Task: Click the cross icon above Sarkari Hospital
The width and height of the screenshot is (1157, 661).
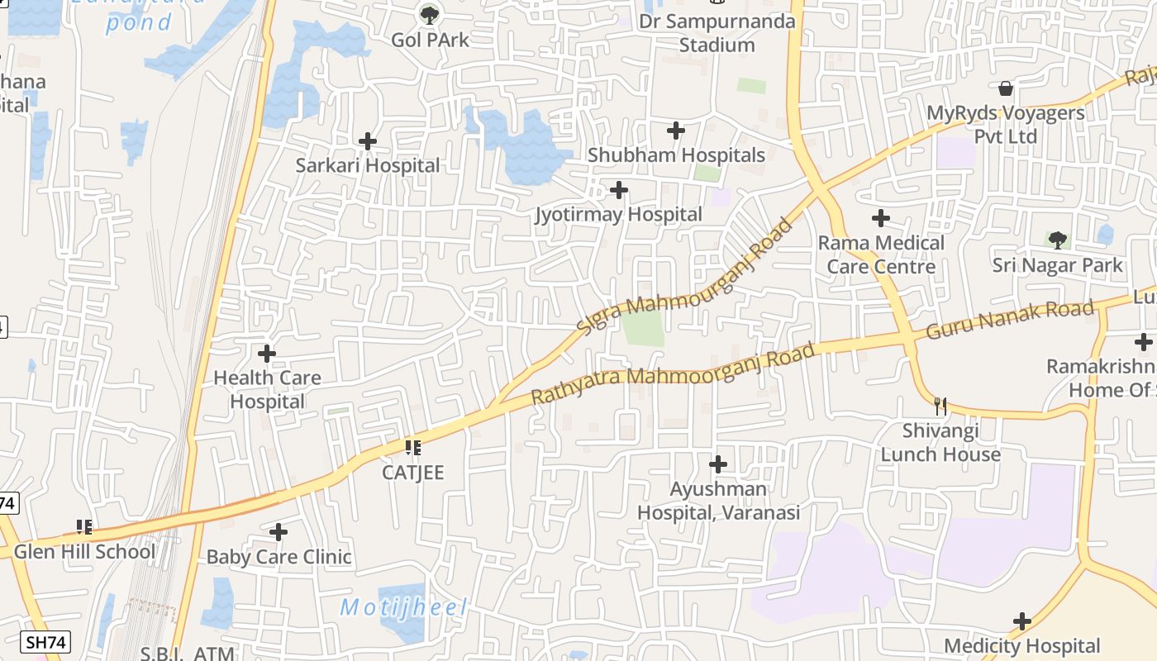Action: [x=368, y=141]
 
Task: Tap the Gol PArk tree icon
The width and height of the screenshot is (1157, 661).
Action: [x=429, y=14]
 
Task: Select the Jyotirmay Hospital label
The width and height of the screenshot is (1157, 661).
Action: [x=618, y=215]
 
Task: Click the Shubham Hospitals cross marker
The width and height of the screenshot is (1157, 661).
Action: [x=676, y=130]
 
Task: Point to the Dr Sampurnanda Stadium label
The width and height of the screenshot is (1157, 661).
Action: [x=717, y=33]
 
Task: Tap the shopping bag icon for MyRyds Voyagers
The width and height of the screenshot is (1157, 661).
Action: [x=1006, y=88]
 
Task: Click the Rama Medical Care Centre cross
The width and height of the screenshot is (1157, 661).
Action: [x=881, y=218]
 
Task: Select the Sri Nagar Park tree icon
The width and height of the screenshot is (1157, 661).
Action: [x=1057, y=240]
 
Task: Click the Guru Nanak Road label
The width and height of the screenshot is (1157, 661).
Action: [x=1010, y=320]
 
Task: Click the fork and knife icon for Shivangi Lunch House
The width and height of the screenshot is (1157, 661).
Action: [x=940, y=406]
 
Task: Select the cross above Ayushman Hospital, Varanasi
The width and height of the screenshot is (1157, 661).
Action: [x=718, y=464]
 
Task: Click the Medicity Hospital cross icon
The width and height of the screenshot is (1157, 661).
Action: [x=1022, y=621]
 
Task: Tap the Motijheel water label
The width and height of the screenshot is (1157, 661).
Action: [x=403, y=608]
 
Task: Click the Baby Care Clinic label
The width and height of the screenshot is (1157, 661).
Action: [x=279, y=557]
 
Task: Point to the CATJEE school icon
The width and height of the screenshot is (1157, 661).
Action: [x=413, y=448]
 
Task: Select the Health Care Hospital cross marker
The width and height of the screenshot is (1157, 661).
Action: [x=266, y=354]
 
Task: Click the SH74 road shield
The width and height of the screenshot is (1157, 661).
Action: [x=45, y=642]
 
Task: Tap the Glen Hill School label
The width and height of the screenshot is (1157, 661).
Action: [x=84, y=552]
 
